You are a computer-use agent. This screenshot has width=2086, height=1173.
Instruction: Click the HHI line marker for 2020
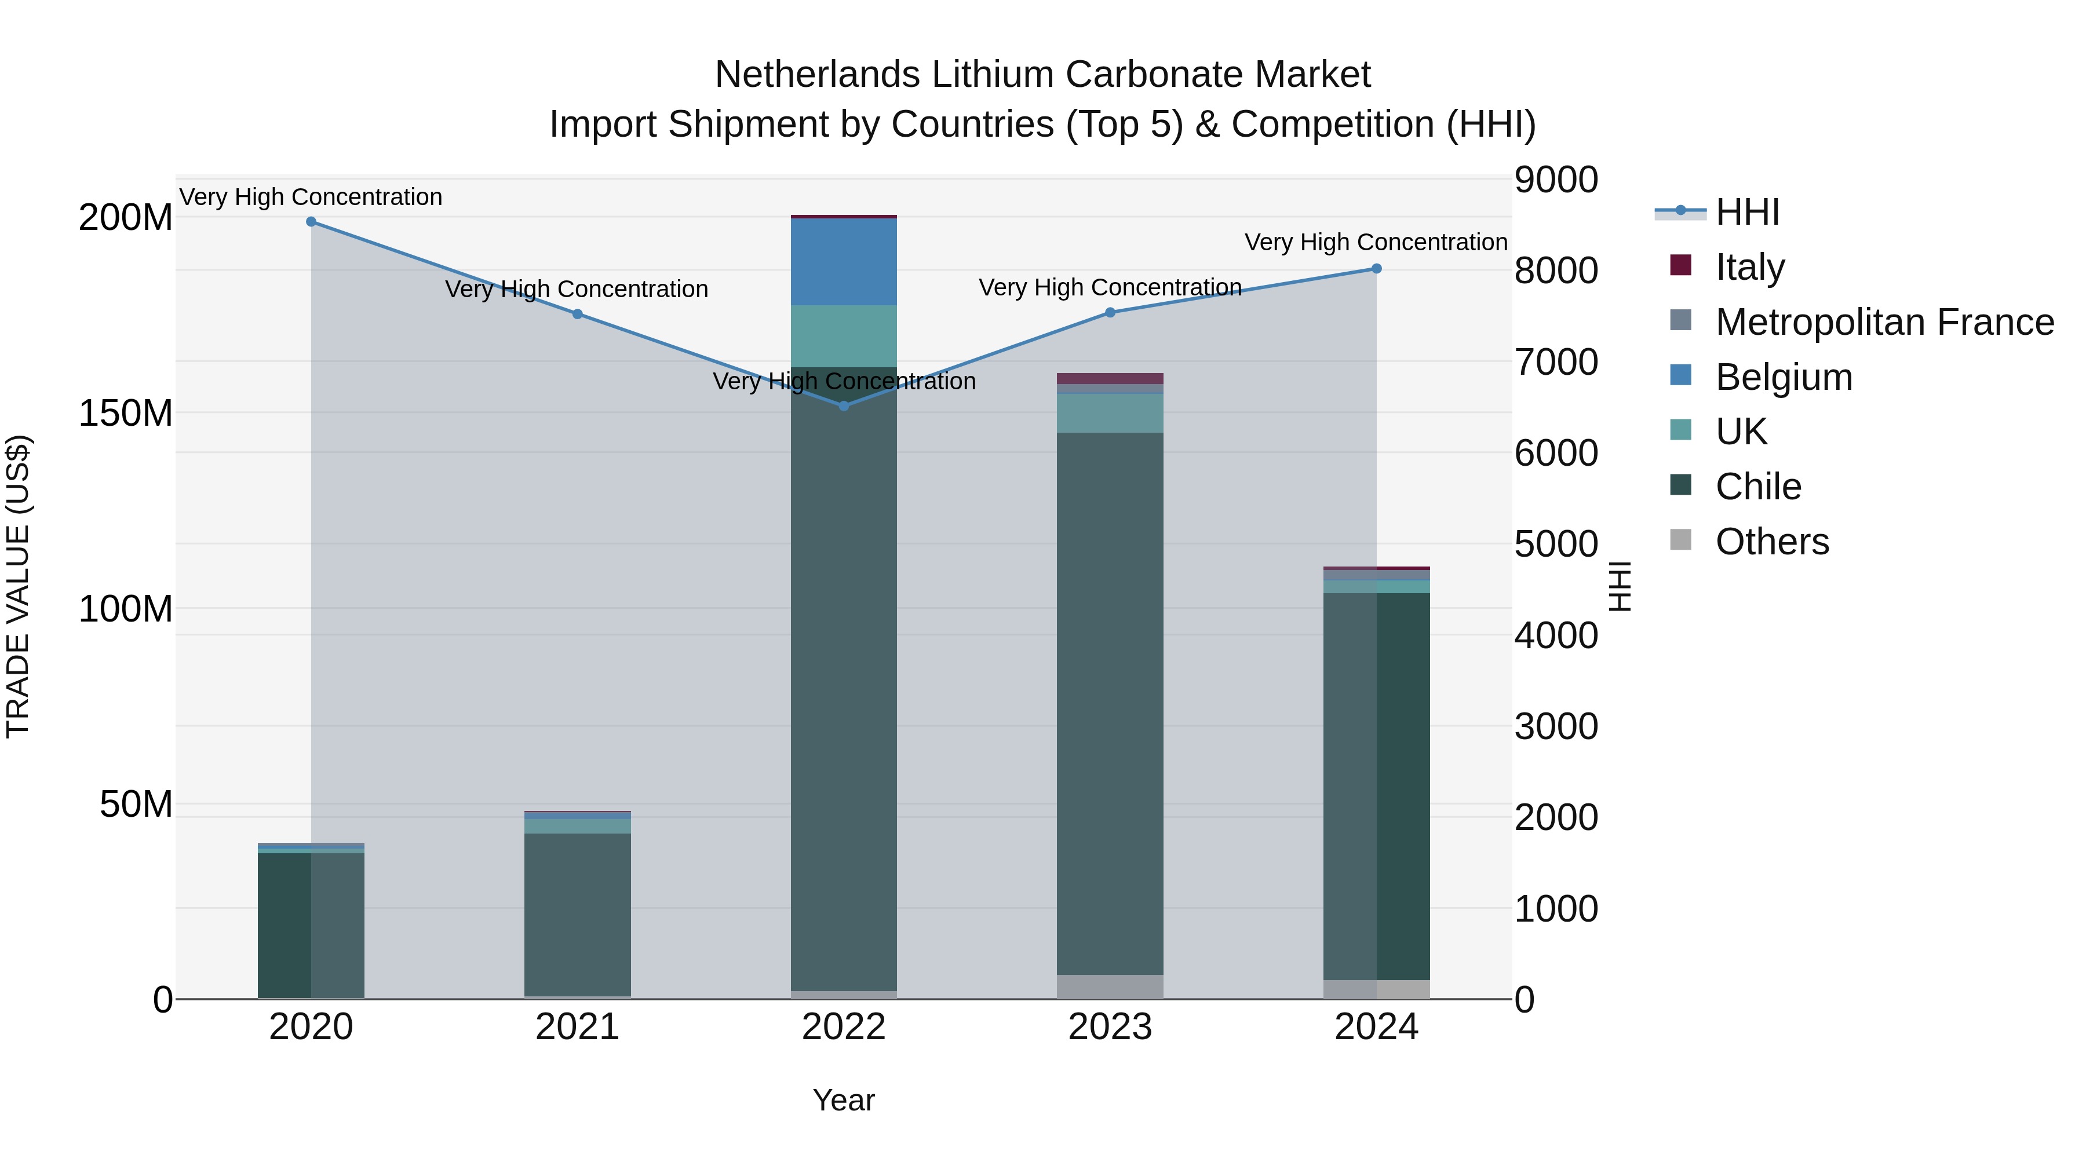tap(311, 222)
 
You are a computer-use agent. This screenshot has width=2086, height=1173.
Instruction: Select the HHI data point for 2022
tap(844, 405)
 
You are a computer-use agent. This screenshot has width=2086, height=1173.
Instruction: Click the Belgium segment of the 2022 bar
tap(844, 261)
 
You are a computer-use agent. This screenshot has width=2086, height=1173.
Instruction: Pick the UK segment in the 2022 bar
tap(844, 336)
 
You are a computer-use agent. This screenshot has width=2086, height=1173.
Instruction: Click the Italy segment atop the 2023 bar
tap(1110, 378)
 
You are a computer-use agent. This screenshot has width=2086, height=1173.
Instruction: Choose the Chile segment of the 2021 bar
tap(577, 915)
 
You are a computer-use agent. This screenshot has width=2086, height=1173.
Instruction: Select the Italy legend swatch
tap(1681, 265)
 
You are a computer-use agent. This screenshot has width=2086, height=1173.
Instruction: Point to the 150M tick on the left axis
tap(126, 414)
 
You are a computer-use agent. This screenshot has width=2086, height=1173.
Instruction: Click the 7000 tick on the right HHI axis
tap(1556, 362)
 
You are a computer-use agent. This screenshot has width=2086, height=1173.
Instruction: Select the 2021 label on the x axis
tap(577, 1027)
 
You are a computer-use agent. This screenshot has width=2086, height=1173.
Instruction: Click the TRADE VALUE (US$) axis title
tap(18, 586)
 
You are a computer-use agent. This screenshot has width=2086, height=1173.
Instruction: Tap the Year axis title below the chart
tap(843, 1100)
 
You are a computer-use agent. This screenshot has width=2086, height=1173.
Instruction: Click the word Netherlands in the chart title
tap(818, 75)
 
